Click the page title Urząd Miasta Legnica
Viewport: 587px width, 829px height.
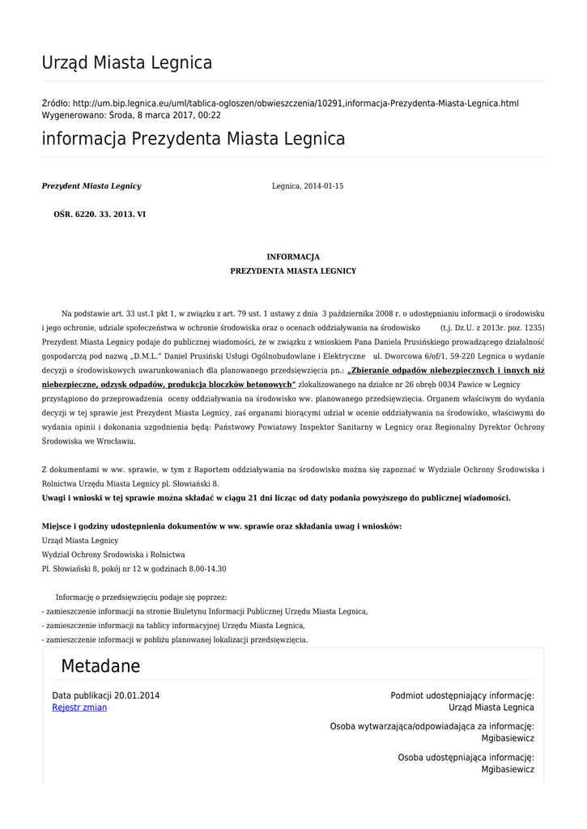[x=127, y=63]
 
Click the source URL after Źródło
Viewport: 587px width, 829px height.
[x=296, y=104]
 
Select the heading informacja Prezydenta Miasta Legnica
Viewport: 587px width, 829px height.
[x=194, y=139]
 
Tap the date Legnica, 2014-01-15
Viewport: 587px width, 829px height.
[x=308, y=186]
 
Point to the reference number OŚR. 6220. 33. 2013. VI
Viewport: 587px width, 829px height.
[x=100, y=215]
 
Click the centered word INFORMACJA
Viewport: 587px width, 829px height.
[x=293, y=257]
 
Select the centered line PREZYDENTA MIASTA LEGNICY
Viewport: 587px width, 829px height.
[x=293, y=271]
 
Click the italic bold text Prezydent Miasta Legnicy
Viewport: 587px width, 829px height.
[x=91, y=186]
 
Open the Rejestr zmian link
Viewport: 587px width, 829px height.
[x=79, y=708]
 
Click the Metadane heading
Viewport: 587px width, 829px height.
[x=100, y=667]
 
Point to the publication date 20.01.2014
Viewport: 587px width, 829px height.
[x=137, y=695]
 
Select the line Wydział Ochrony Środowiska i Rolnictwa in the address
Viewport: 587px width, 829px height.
[x=113, y=555]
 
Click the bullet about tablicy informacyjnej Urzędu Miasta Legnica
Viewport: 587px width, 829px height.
[x=174, y=626]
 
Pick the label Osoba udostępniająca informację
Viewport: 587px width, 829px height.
[x=466, y=758]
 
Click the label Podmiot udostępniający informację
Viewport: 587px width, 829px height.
[x=462, y=695]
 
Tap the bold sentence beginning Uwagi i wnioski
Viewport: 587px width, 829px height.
[x=276, y=498]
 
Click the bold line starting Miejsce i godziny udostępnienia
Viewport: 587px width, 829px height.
[x=222, y=526]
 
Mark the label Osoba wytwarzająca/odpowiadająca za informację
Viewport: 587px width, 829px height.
[x=432, y=727]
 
